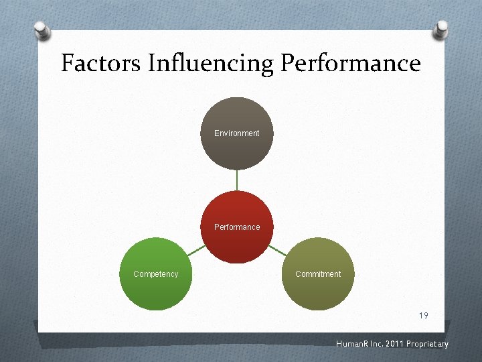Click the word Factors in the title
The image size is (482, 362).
click(100, 64)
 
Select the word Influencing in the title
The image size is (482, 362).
click(210, 64)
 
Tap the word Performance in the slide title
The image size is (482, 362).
click(351, 64)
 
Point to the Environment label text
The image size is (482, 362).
click(237, 133)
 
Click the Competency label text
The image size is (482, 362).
click(156, 274)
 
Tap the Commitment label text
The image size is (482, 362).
click(318, 274)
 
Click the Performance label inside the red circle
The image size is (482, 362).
click(237, 227)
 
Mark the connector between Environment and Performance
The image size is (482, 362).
click(237, 180)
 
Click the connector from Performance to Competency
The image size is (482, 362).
click(197, 251)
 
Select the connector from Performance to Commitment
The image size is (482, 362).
click(277, 251)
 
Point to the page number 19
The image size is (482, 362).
click(423, 316)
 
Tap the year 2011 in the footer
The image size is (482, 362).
click(388, 345)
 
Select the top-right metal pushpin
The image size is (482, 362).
click(441, 29)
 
